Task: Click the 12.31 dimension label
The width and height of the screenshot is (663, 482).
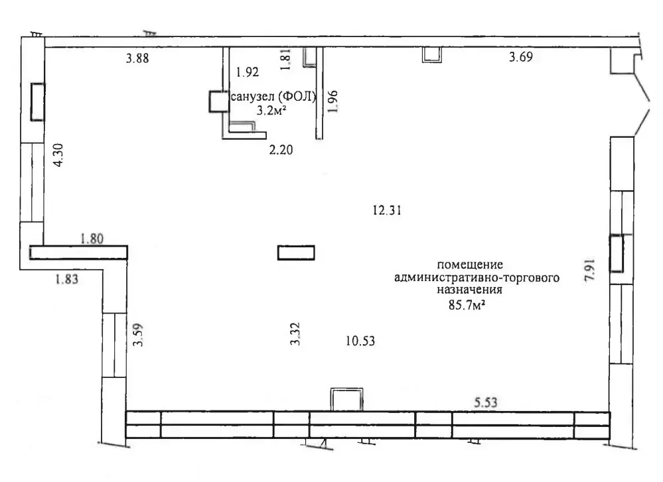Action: pyautogui.click(x=387, y=210)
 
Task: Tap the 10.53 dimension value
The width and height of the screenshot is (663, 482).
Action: pyautogui.click(x=360, y=341)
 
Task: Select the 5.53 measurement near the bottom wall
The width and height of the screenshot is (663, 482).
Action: pyautogui.click(x=485, y=402)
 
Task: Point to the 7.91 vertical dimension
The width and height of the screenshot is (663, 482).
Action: pyautogui.click(x=589, y=270)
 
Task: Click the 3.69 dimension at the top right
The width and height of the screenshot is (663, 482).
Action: pyautogui.click(x=521, y=56)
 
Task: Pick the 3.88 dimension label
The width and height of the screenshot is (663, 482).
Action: pyautogui.click(x=137, y=58)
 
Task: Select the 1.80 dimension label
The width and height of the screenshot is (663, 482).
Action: pyautogui.click(x=92, y=239)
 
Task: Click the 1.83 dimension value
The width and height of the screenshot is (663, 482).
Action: pyautogui.click(x=67, y=279)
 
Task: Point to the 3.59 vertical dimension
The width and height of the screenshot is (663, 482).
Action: pyautogui.click(x=138, y=335)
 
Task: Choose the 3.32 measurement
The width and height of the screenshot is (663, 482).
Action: pyautogui.click(x=295, y=333)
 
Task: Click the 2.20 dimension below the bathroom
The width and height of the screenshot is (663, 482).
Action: pyautogui.click(x=281, y=150)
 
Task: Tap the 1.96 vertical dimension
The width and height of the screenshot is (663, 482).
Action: pyautogui.click(x=332, y=101)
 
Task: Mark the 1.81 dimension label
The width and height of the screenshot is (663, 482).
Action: pyautogui.click(x=286, y=58)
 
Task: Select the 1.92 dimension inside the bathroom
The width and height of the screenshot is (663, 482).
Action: pyautogui.click(x=248, y=72)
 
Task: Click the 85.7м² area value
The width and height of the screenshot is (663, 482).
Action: pyautogui.click(x=467, y=304)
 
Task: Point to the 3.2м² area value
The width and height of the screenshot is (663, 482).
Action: pyautogui.click(x=272, y=111)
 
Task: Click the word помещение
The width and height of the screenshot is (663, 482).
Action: pyautogui.click(x=470, y=265)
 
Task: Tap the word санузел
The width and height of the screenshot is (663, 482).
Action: pyautogui.click(x=252, y=97)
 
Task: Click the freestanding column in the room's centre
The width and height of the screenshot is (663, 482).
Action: pyautogui.click(x=296, y=253)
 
